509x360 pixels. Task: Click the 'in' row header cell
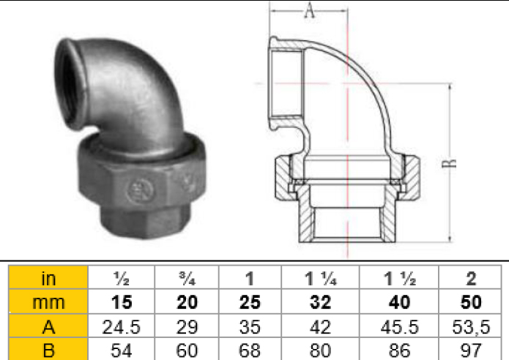(x=48, y=277)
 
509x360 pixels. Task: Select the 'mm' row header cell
(x=48, y=301)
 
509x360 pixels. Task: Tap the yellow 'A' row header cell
(x=48, y=326)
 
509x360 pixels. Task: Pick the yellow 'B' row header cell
(x=48, y=349)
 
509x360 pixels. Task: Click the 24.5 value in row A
(x=122, y=326)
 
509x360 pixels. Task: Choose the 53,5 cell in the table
(x=470, y=326)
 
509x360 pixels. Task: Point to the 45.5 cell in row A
(x=399, y=326)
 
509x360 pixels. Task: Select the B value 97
(x=470, y=349)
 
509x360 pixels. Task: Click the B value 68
(x=250, y=349)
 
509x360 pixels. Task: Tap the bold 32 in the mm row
(x=320, y=301)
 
